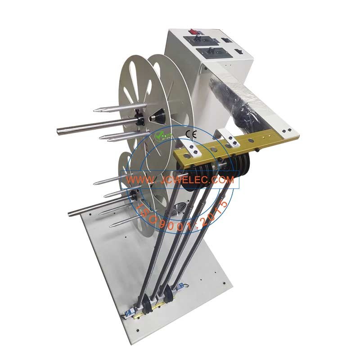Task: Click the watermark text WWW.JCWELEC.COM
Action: pos(180,180)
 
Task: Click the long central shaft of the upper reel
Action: pos(90,126)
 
